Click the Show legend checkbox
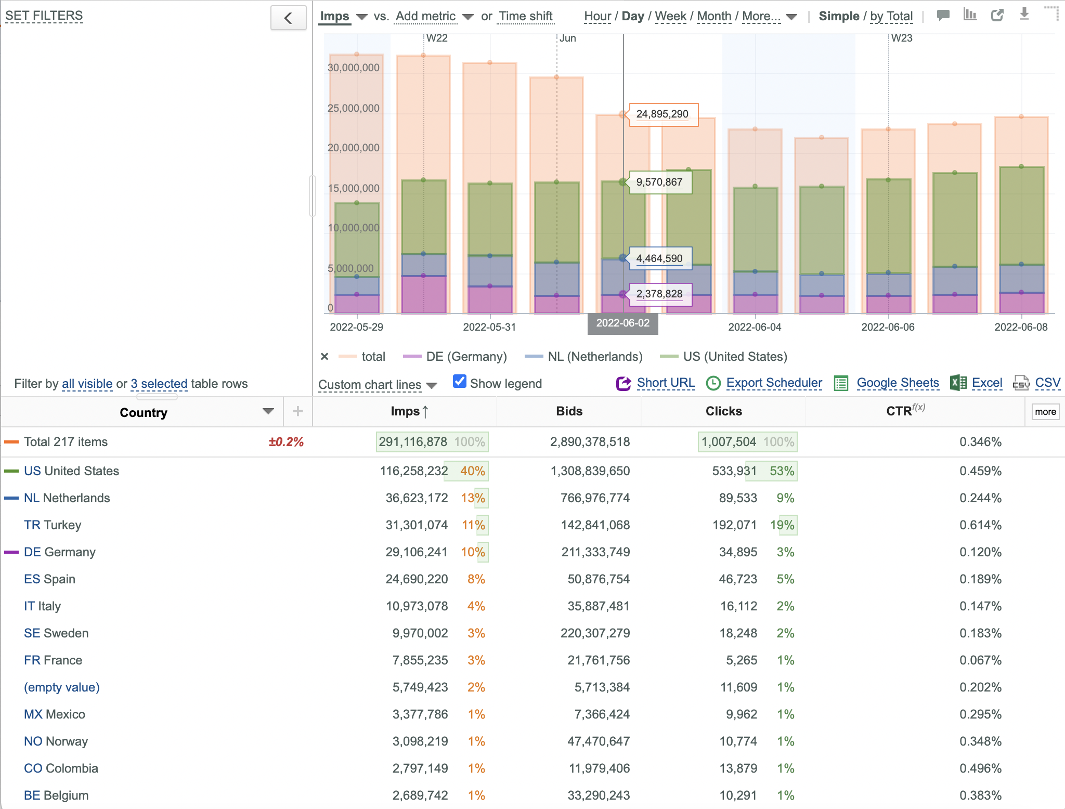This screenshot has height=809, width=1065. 460,382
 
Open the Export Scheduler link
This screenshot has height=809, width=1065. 774,383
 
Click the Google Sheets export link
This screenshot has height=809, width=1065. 898,383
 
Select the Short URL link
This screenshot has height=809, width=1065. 666,383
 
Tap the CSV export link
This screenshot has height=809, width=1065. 1047,383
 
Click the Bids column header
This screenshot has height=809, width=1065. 569,411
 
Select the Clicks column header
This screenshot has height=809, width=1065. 723,411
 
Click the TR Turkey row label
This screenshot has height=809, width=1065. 53,525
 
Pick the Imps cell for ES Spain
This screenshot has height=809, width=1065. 417,579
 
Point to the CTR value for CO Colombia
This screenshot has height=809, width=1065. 980,768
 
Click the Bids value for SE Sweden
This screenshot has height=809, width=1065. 595,633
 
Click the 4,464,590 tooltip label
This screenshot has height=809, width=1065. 660,258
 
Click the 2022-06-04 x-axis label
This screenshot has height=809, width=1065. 755,327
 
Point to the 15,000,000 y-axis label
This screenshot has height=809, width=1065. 354,188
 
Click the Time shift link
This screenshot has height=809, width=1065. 526,17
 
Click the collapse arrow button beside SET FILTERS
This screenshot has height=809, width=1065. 289,18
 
